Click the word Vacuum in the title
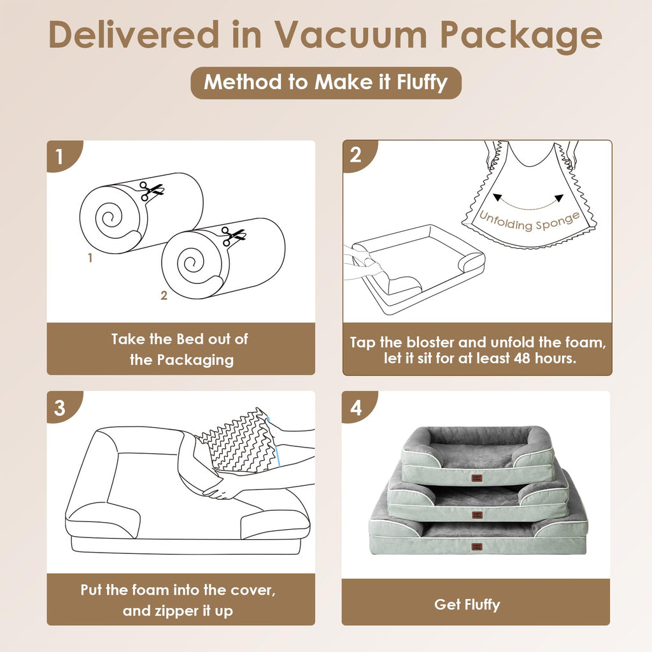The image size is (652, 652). tap(351, 34)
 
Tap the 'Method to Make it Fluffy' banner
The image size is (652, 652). tap(326, 83)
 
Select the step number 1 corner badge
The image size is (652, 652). tap(62, 156)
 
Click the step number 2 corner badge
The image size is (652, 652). tap(358, 155)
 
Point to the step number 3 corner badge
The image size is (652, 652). tap(62, 407)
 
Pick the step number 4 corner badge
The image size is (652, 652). tap(358, 407)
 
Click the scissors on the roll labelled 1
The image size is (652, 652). tap(150, 190)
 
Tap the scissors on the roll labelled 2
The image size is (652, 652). tap(232, 236)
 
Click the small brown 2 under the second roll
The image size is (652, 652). tap(164, 295)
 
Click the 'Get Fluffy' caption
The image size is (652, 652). tap(467, 605)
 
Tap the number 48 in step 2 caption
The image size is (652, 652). tap(523, 358)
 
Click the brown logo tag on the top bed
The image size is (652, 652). tap(477, 479)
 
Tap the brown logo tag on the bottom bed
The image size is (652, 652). tap(477, 547)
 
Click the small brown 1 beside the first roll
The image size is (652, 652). tap(90, 258)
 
